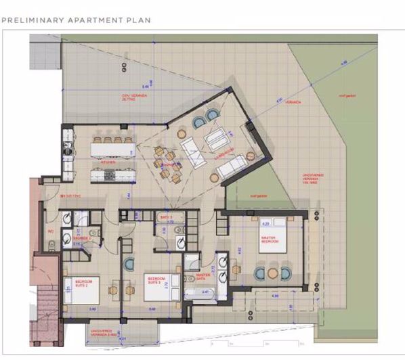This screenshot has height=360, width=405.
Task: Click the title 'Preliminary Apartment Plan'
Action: pos(76,20)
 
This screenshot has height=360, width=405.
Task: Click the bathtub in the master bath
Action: pos(199,294)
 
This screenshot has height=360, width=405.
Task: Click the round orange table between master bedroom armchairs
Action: pos(272,273)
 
